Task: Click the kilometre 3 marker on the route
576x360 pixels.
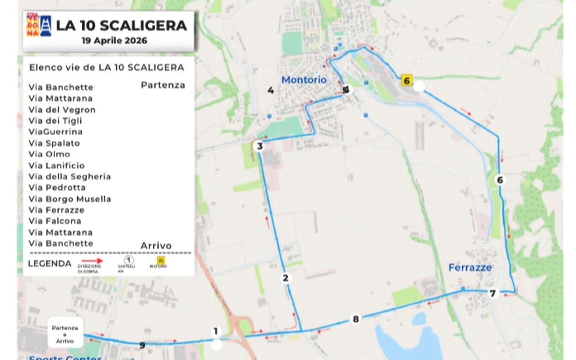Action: pyautogui.click(x=260, y=146)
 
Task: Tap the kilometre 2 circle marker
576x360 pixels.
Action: pyautogui.click(x=286, y=278)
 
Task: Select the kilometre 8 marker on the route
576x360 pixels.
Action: pyautogui.click(x=356, y=319)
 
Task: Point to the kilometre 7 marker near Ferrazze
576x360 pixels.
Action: pyautogui.click(x=493, y=293)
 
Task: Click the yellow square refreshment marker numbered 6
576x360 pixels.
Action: pyautogui.click(x=407, y=80)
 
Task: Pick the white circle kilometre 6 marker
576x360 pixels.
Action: pyautogui.click(x=500, y=180)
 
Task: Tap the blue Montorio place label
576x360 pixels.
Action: pyautogui.click(x=304, y=79)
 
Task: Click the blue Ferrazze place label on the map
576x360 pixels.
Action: pyautogui.click(x=470, y=267)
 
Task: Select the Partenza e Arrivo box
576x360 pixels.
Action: pyautogui.click(x=65, y=334)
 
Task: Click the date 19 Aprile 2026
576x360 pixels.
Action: pyautogui.click(x=114, y=41)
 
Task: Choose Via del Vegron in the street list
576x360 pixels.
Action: pyautogui.click(x=62, y=110)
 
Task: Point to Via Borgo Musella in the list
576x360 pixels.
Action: pyautogui.click(x=70, y=199)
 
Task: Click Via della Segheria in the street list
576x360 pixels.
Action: pyautogui.click(x=70, y=177)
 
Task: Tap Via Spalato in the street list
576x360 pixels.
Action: pyautogui.click(x=54, y=143)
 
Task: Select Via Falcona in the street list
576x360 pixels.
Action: pyautogui.click(x=55, y=221)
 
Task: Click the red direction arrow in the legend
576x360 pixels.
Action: pyautogui.click(x=90, y=261)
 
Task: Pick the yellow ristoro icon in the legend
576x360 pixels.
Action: pyautogui.click(x=161, y=261)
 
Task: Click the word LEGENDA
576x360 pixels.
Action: pyautogui.click(x=49, y=264)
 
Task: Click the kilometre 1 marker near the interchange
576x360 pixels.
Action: pyautogui.click(x=216, y=331)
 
